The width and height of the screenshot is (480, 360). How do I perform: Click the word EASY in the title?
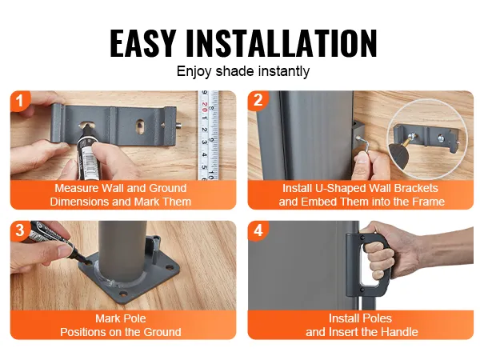click(142, 43)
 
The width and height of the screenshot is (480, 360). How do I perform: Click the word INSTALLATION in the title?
click(282, 43)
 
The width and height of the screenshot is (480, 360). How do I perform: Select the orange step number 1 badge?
click(20, 101)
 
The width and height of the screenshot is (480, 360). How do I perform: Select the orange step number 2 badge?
click(258, 100)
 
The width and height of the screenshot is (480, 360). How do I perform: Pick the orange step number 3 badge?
click(20, 230)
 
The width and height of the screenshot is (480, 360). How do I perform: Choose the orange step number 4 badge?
click(258, 230)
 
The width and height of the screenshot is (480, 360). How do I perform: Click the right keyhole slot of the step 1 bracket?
click(139, 126)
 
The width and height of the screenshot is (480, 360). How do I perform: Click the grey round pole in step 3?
click(122, 248)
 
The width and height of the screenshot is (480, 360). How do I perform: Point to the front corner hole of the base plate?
click(123, 294)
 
